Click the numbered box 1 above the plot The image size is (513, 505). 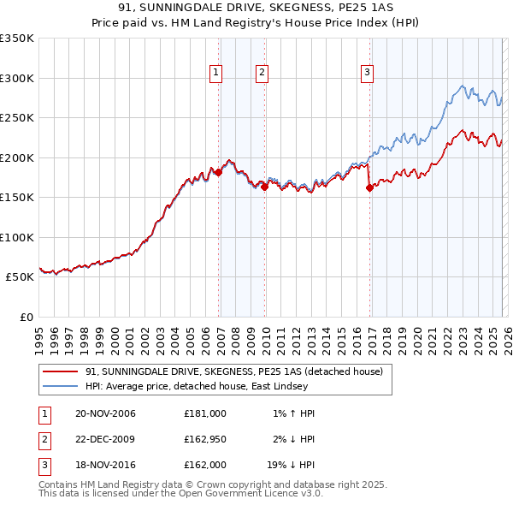tap(217, 74)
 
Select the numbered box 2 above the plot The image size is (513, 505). tap(262, 74)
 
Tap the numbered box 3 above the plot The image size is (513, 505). tap(367, 74)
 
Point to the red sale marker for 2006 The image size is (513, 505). tap(218, 172)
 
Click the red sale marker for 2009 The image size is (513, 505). tap(265, 187)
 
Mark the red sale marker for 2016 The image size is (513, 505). tap(369, 188)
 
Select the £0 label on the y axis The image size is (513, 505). tap(26, 317)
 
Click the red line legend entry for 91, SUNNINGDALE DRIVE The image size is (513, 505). tap(239, 371)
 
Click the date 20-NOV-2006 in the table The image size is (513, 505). tap(105, 413)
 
